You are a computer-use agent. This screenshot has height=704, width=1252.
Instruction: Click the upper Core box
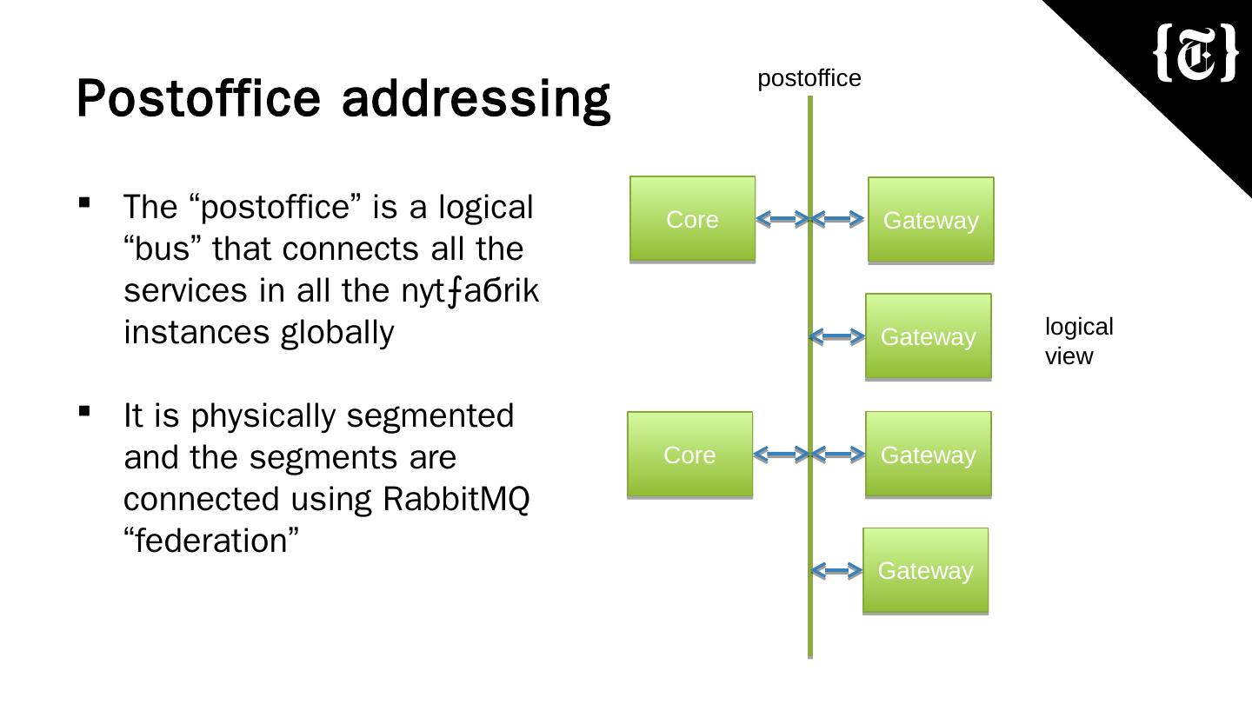(x=692, y=219)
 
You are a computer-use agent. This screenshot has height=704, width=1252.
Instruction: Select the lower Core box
(x=689, y=455)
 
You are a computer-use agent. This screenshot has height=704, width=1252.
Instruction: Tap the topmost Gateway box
(x=930, y=220)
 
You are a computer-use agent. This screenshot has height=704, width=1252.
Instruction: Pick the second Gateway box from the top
(x=928, y=336)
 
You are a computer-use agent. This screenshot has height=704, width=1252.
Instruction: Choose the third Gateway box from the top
(x=928, y=455)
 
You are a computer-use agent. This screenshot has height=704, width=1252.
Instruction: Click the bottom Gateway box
(x=925, y=570)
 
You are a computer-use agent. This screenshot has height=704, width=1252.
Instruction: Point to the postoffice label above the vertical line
(x=809, y=78)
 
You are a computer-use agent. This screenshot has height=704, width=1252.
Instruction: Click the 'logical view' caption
(x=1078, y=342)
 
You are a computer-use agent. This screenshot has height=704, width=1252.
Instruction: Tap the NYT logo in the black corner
(x=1195, y=54)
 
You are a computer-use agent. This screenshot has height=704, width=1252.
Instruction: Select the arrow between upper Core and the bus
(x=782, y=219)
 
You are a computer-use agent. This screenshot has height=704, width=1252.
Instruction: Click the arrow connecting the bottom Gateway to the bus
(x=837, y=570)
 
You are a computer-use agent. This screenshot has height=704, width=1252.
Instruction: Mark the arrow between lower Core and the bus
(x=781, y=454)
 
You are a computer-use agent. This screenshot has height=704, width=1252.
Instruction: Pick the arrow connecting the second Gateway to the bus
(x=837, y=336)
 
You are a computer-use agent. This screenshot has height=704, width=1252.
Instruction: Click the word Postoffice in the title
(x=199, y=98)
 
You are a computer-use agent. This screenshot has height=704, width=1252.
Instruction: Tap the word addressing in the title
(x=476, y=98)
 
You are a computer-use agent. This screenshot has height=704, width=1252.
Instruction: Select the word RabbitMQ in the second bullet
(x=456, y=500)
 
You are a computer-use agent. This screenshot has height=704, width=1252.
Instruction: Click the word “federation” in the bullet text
(x=211, y=541)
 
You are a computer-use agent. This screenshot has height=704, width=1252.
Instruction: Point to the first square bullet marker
(x=84, y=203)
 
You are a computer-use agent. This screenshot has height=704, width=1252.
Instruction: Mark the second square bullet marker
(x=84, y=411)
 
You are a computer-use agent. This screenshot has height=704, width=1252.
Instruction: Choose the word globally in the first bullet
(x=337, y=332)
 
